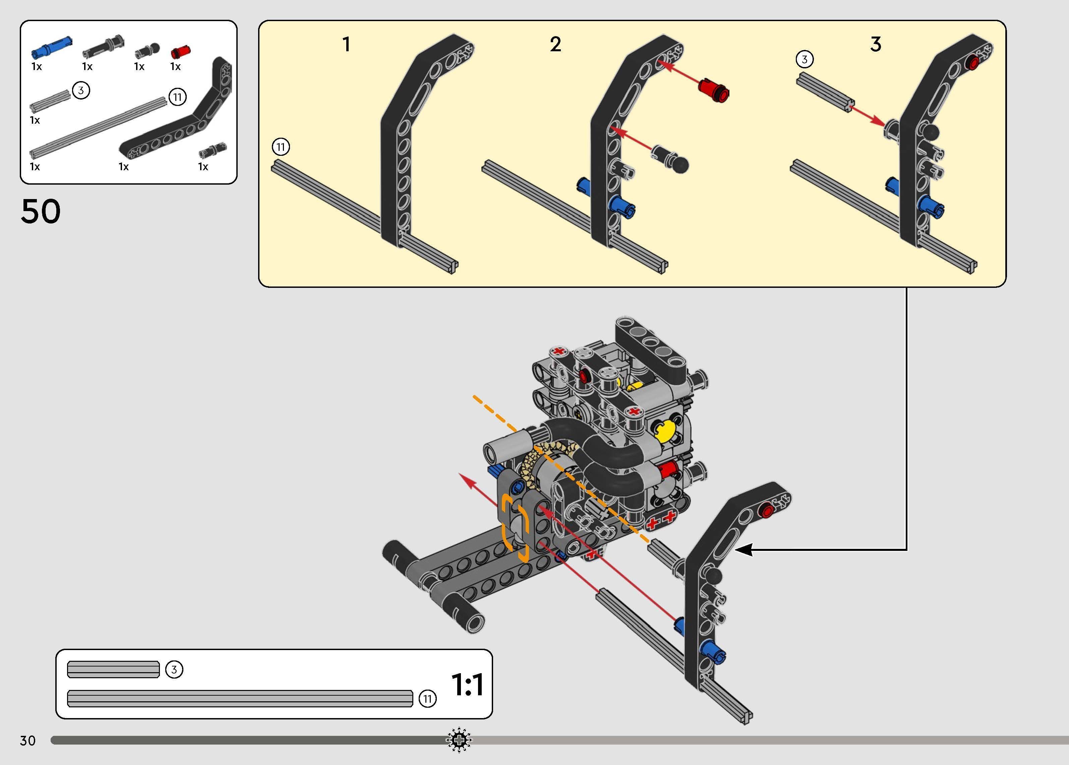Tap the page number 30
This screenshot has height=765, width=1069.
point(28,741)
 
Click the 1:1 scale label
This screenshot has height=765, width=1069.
point(467,685)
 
